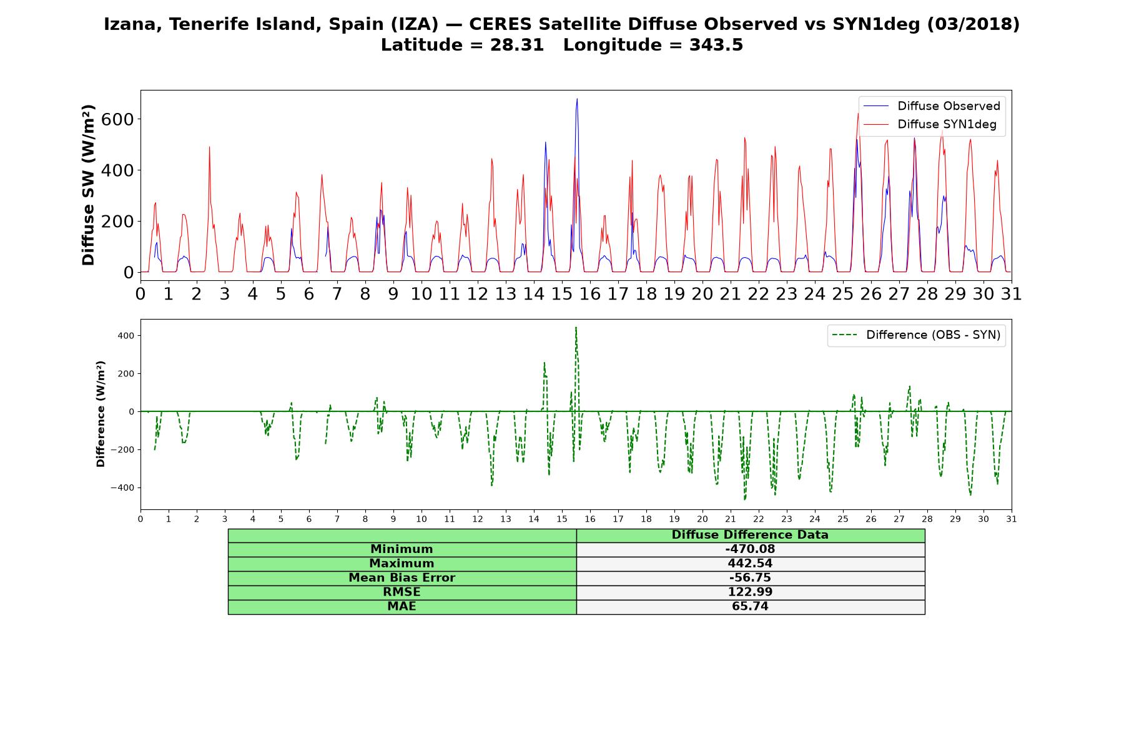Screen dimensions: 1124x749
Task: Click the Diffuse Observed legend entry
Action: [930, 106]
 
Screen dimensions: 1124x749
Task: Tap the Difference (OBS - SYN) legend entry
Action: [916, 335]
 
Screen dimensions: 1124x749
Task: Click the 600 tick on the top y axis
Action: [117, 119]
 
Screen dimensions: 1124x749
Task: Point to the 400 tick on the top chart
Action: [117, 170]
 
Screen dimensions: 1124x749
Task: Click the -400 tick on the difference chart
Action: [122, 487]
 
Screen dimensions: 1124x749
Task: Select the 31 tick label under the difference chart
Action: [1012, 519]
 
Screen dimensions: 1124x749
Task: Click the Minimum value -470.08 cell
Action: [750, 549]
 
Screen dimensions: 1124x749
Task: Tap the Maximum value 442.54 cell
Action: [750, 564]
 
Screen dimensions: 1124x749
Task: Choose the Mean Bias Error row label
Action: [402, 578]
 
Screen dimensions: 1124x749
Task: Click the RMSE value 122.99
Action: [750, 592]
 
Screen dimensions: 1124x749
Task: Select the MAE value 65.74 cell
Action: [750, 607]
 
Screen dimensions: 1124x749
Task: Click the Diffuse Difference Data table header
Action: [750, 535]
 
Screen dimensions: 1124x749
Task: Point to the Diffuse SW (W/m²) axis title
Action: [88, 185]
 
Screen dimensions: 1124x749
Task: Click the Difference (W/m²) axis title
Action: [101, 414]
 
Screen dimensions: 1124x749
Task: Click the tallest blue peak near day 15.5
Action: [577, 99]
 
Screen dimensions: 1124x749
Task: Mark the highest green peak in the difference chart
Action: [576, 327]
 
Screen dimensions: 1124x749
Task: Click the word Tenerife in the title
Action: [205, 24]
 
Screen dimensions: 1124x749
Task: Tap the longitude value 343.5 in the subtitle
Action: [716, 45]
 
